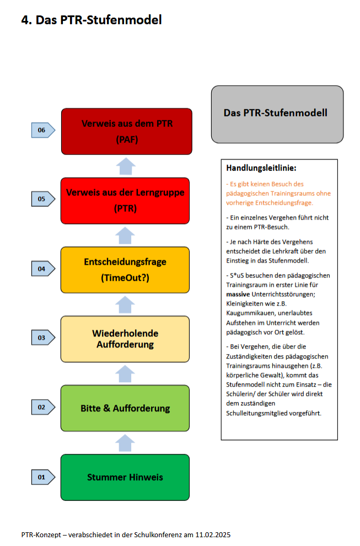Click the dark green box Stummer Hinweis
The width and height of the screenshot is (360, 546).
pyautogui.click(x=125, y=477)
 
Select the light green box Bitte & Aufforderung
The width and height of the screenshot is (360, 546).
pyautogui.click(x=125, y=408)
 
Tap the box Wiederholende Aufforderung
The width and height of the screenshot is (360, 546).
pyautogui.click(x=125, y=339)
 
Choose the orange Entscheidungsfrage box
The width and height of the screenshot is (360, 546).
pyautogui.click(x=125, y=270)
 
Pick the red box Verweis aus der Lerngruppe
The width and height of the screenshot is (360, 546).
pyautogui.click(x=125, y=200)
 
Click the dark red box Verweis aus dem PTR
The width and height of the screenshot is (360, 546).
pyautogui.click(x=126, y=131)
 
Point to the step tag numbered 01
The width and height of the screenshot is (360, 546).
pyautogui.click(x=42, y=477)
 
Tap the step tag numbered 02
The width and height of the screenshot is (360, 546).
pyautogui.click(x=42, y=408)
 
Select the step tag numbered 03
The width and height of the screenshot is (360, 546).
pyautogui.click(x=42, y=338)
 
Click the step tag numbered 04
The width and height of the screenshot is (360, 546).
pyautogui.click(x=42, y=269)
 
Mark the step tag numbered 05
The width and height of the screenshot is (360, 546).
pyautogui.click(x=42, y=199)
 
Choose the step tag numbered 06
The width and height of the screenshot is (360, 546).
pyautogui.click(x=42, y=130)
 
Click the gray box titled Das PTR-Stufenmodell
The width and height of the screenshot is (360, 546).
pyautogui.click(x=277, y=114)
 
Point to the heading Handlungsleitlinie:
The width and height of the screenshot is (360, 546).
pyautogui.click(x=261, y=168)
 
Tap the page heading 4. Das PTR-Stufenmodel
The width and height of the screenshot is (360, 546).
pyautogui.click(x=92, y=20)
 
